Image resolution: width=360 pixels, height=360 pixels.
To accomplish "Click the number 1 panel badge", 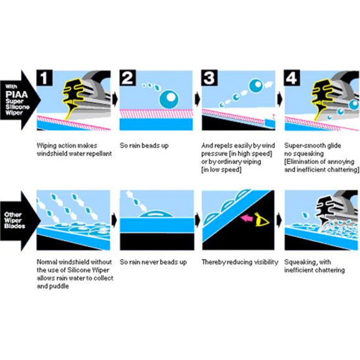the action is pyautogui.click(x=45, y=78).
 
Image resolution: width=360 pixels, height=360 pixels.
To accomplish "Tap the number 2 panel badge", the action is pyautogui.click(x=128, y=78).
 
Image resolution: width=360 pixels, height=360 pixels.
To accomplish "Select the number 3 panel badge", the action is pyautogui.click(x=209, y=78).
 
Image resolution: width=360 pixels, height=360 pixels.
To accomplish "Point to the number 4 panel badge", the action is pyautogui.click(x=292, y=78).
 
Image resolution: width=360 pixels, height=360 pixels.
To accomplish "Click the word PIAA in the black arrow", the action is pyautogui.click(x=17, y=95).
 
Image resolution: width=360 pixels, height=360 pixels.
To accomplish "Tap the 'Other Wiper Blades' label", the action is pyautogui.click(x=14, y=220).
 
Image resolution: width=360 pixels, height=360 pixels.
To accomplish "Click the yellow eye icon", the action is pyautogui.click(x=262, y=219).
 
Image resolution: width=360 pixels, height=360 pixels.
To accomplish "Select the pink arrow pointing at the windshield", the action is pyautogui.click(x=246, y=218).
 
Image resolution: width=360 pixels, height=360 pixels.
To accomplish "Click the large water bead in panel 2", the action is pyautogui.click(x=169, y=99).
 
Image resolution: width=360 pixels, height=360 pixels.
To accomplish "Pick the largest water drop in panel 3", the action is pyautogui.click(x=256, y=85).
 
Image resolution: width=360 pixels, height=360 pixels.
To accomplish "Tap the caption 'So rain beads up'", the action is pyautogui.click(x=144, y=146).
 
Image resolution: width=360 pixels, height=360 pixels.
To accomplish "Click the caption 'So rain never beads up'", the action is pyautogui.click(x=153, y=262).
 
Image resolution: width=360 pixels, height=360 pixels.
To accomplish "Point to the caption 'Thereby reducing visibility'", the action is pyautogui.click(x=240, y=262).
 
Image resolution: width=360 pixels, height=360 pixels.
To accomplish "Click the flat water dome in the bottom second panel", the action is pyautogui.click(x=156, y=214).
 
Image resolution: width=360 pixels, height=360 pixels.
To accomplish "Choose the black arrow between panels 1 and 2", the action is pyautogui.click(x=115, y=100).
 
